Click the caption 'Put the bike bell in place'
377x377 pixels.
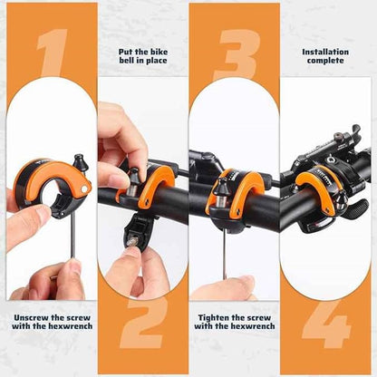[x=143, y=58]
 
